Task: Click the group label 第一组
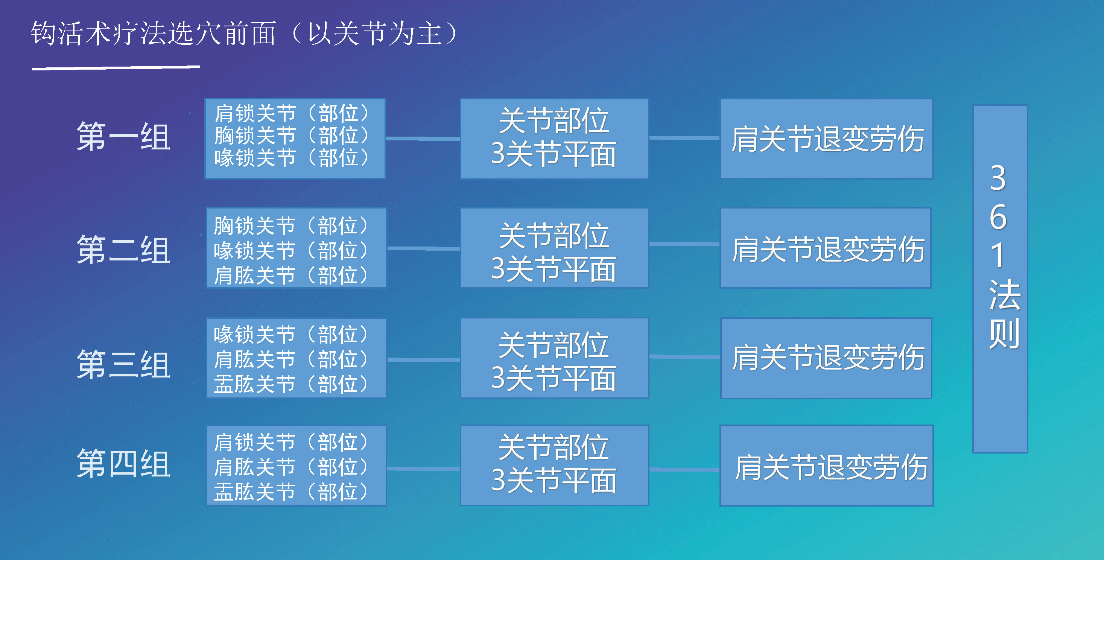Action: (x=123, y=136)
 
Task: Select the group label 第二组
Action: (x=123, y=250)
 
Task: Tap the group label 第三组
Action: (x=123, y=364)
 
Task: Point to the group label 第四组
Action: (x=123, y=464)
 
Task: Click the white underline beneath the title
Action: (x=116, y=68)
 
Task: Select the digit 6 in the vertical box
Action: (x=999, y=217)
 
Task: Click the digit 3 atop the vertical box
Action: (x=999, y=178)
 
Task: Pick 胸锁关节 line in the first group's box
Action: (x=292, y=136)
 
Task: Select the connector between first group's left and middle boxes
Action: (x=423, y=139)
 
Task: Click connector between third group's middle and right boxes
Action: (x=684, y=356)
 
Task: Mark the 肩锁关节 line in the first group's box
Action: (x=292, y=114)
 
